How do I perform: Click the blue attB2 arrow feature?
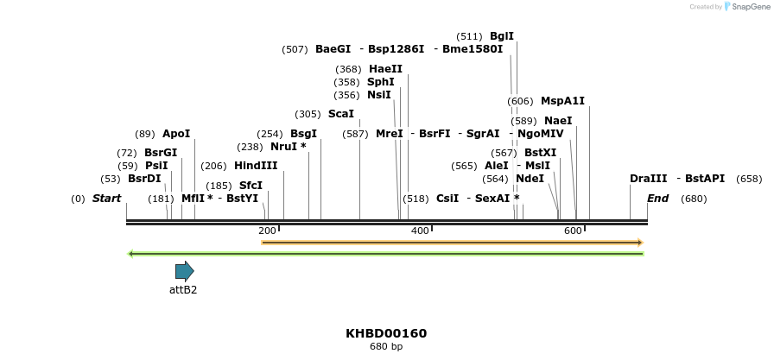pos(184,271)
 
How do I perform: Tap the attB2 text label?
pos(183,290)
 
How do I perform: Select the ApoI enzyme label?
pos(176,134)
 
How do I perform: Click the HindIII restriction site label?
pos(256,166)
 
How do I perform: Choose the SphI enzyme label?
pos(381,82)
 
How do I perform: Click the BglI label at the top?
pos(502,36)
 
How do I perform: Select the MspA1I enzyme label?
pos(562,101)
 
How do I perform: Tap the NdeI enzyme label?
pos(530,179)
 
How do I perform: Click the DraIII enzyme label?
pos(648,179)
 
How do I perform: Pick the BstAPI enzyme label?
pos(705,179)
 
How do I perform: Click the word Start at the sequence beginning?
pos(106,199)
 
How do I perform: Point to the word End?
pos(658,199)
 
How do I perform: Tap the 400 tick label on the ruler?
pos(420,231)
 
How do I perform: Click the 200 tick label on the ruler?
pos(267,231)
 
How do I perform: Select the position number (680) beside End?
pos(694,199)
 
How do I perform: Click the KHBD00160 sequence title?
pos(386,333)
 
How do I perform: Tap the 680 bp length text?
pos(386,347)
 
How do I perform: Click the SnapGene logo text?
pos(748,7)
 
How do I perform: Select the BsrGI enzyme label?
pos(161,153)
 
